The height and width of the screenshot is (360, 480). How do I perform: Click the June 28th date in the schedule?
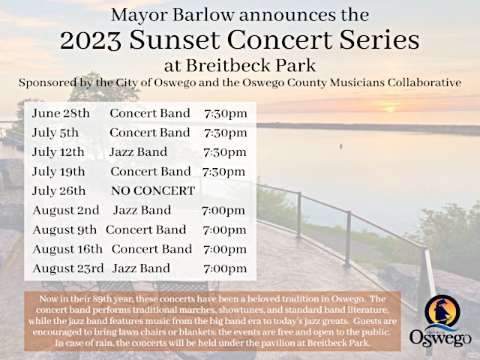pos(61,113)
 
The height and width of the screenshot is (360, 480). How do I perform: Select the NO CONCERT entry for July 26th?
pos(153,190)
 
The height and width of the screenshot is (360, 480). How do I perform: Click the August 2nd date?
pos(67,210)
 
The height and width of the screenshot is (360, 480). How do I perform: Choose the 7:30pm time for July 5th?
pos(225,133)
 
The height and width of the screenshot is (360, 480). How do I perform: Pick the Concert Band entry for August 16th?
pos(151,248)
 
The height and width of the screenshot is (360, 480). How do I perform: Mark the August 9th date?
pos(64,229)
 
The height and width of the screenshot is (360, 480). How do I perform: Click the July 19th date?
pos(59,171)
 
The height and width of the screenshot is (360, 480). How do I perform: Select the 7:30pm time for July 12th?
pos(225,152)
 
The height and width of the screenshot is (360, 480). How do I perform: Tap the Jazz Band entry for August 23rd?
pos(141,268)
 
